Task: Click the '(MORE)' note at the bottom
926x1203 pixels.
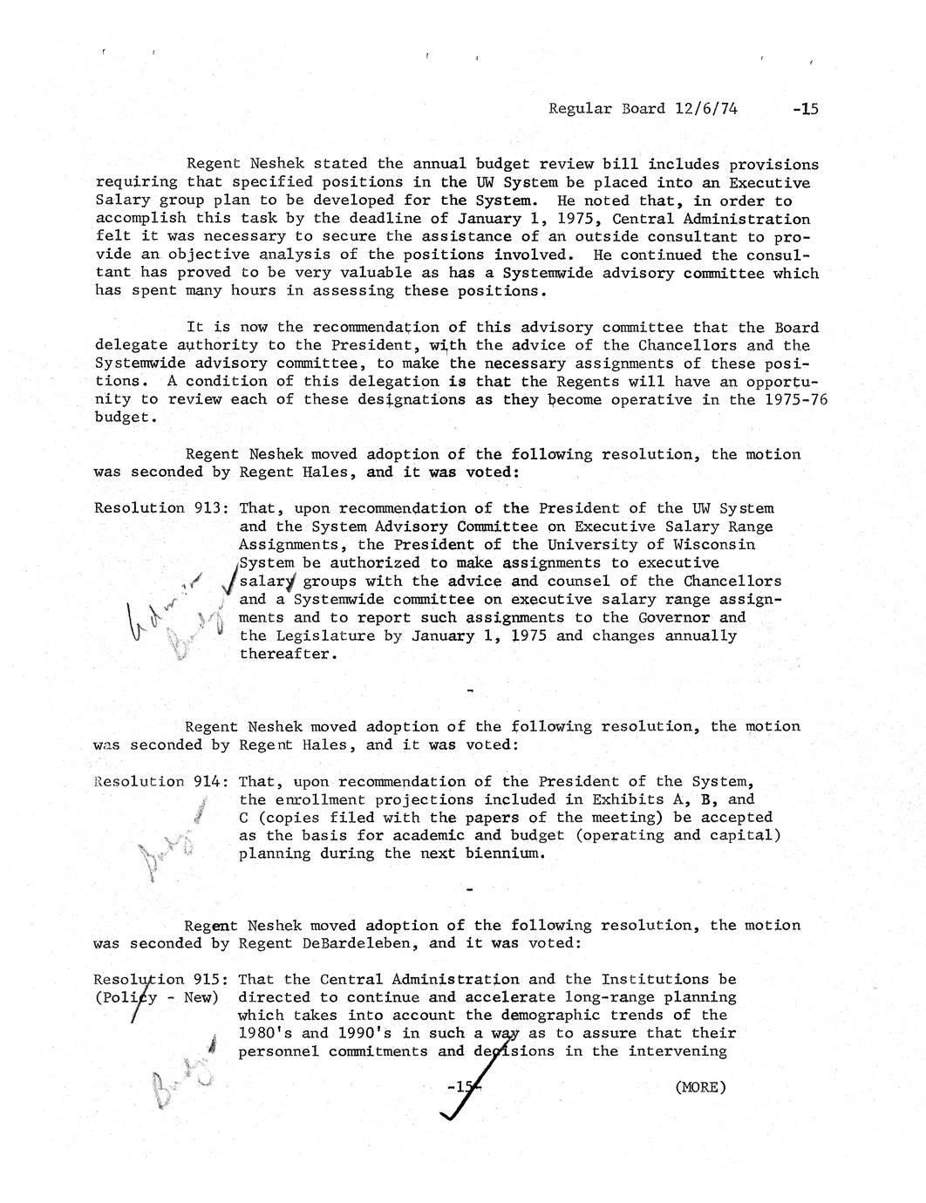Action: coord(699,1086)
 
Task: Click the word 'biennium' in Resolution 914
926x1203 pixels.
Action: coord(507,853)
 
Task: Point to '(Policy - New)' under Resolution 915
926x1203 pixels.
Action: coord(157,997)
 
